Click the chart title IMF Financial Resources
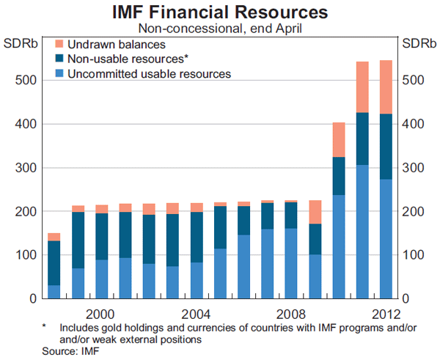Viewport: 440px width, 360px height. click(x=220, y=12)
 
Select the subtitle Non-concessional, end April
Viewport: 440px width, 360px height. click(x=220, y=29)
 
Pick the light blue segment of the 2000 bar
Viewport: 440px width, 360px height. click(x=102, y=279)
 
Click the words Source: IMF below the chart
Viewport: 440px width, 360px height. click(x=70, y=352)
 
